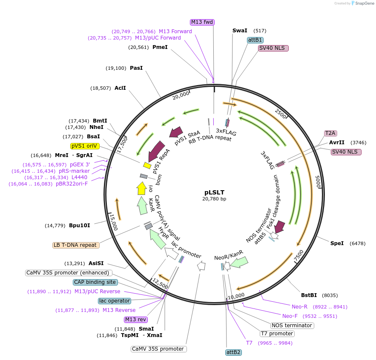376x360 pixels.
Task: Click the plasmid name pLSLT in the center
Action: [x=215, y=192]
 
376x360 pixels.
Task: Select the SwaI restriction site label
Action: [x=240, y=31]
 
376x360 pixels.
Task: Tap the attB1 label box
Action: [x=255, y=40]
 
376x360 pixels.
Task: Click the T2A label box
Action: [x=330, y=133]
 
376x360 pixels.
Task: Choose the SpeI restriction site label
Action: [x=337, y=243]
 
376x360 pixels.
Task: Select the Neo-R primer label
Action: [x=299, y=306]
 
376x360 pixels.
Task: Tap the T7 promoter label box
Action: [x=277, y=333]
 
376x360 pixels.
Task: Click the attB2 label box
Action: [x=234, y=352]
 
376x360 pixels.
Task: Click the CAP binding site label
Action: [x=95, y=282]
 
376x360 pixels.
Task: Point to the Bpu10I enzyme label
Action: [x=80, y=225]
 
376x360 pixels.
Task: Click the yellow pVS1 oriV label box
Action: [x=85, y=146]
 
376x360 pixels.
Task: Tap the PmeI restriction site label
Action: [x=160, y=47]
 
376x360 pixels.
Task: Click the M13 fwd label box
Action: [x=202, y=22]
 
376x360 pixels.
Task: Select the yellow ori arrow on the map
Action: [x=141, y=188]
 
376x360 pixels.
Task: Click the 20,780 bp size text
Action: [x=215, y=199]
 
